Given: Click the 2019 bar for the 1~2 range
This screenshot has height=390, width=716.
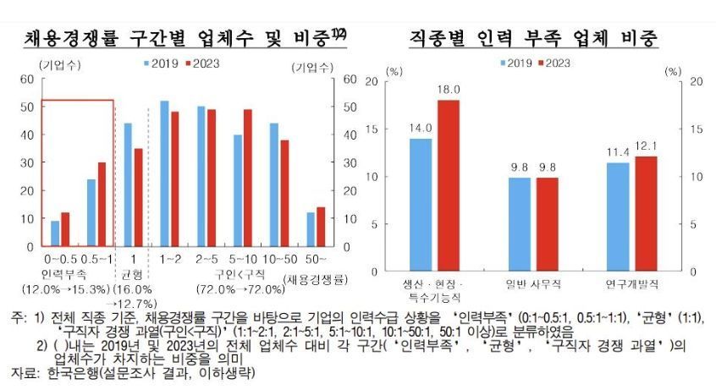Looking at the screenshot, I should [x=164, y=173].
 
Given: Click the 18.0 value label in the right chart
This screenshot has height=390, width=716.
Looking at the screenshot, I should [x=448, y=90].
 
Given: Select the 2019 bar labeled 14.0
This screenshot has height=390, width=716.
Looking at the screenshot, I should [x=421, y=204].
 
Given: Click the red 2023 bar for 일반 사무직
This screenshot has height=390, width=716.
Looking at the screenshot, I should [x=547, y=224].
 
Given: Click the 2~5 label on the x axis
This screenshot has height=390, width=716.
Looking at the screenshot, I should [x=206, y=257].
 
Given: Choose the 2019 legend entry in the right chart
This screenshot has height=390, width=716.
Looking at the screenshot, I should [x=520, y=63].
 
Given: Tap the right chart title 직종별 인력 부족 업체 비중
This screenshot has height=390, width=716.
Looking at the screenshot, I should [x=534, y=37].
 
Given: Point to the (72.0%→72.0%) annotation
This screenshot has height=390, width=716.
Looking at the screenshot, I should [x=241, y=290].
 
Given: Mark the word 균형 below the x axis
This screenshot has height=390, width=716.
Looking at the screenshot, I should [x=132, y=274].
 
